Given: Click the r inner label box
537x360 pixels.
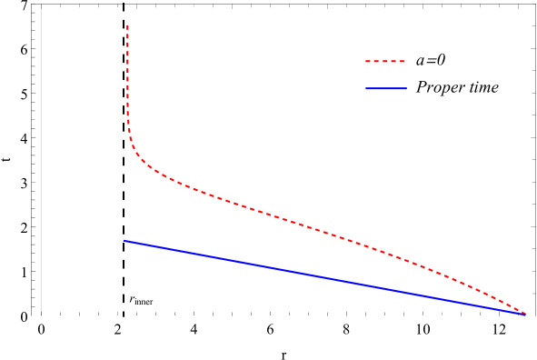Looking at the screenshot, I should [142, 296].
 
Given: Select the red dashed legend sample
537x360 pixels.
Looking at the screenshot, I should [385, 62].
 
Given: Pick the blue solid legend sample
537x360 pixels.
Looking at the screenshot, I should [385, 89].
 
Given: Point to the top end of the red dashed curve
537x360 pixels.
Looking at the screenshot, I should [127, 26].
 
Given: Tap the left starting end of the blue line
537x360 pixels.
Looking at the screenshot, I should [124, 241].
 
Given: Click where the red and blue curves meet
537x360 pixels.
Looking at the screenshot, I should [524, 314].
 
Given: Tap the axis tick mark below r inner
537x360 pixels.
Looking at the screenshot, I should [124, 317].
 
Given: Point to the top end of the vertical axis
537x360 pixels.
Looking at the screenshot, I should [42, 5].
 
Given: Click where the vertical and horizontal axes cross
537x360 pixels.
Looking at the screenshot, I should [42, 316].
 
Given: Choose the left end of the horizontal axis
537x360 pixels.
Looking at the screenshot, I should [33, 316].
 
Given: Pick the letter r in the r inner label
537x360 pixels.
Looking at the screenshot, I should [133, 297].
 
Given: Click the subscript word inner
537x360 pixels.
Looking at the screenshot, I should [145, 300].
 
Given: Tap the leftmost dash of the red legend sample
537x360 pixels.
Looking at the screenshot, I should [369, 62].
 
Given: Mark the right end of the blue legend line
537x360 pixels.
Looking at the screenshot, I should [405, 89].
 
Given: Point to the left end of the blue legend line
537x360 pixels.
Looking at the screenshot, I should [366, 89].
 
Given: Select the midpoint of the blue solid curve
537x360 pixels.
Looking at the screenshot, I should [323, 277].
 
